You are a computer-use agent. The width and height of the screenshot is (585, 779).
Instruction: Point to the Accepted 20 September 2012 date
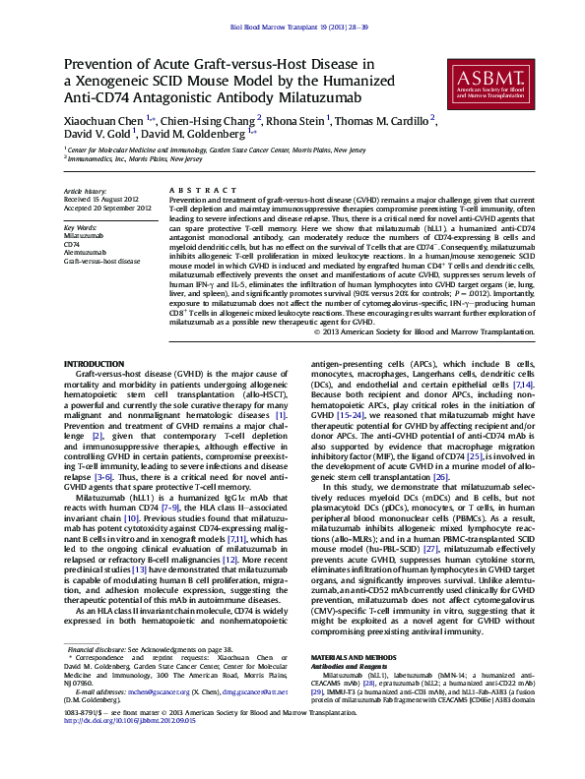[107, 208]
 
